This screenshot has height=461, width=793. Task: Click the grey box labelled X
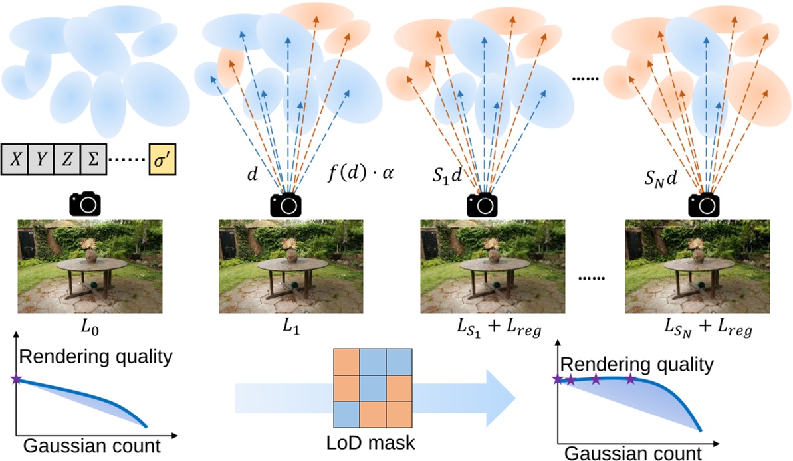point(17,161)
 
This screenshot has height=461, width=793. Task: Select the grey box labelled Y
point(45,161)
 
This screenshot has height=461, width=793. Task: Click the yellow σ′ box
point(163,161)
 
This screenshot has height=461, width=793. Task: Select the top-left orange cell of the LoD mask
point(346,361)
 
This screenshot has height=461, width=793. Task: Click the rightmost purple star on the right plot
point(631,379)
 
